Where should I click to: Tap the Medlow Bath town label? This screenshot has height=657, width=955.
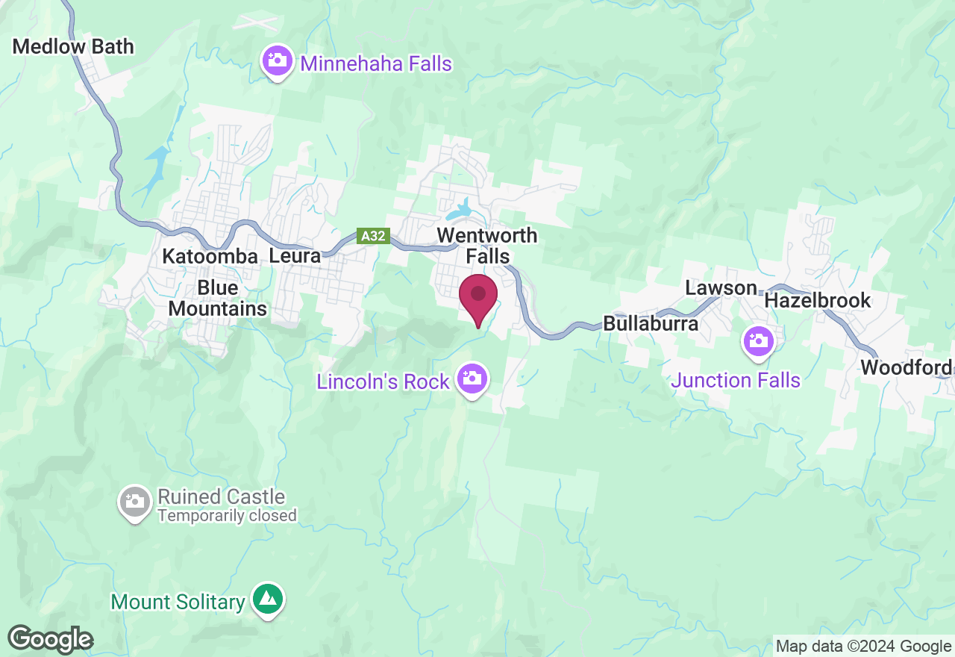click(73, 46)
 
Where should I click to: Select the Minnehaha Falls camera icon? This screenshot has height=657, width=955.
click(278, 61)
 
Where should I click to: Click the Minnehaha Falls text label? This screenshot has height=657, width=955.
click(376, 63)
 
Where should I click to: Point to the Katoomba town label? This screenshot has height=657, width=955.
click(210, 256)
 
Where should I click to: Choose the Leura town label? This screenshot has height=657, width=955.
click(294, 256)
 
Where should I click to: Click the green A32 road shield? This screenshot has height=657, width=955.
click(373, 236)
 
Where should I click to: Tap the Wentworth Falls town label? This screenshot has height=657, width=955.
click(486, 246)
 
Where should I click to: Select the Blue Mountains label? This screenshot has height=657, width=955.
click(218, 298)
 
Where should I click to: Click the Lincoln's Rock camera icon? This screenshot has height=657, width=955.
click(472, 379)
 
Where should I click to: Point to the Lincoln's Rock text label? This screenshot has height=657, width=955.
click(383, 382)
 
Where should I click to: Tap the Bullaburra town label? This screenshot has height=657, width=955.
click(651, 323)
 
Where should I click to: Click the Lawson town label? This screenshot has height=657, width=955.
click(721, 288)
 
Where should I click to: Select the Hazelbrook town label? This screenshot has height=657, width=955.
click(818, 300)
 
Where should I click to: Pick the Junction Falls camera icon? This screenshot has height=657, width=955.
click(759, 341)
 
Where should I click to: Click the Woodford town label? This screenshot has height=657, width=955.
click(906, 367)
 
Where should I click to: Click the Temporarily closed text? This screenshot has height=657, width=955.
click(227, 515)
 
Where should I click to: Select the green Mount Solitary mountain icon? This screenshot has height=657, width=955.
click(266, 598)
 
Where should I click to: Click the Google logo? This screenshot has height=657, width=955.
click(51, 639)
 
